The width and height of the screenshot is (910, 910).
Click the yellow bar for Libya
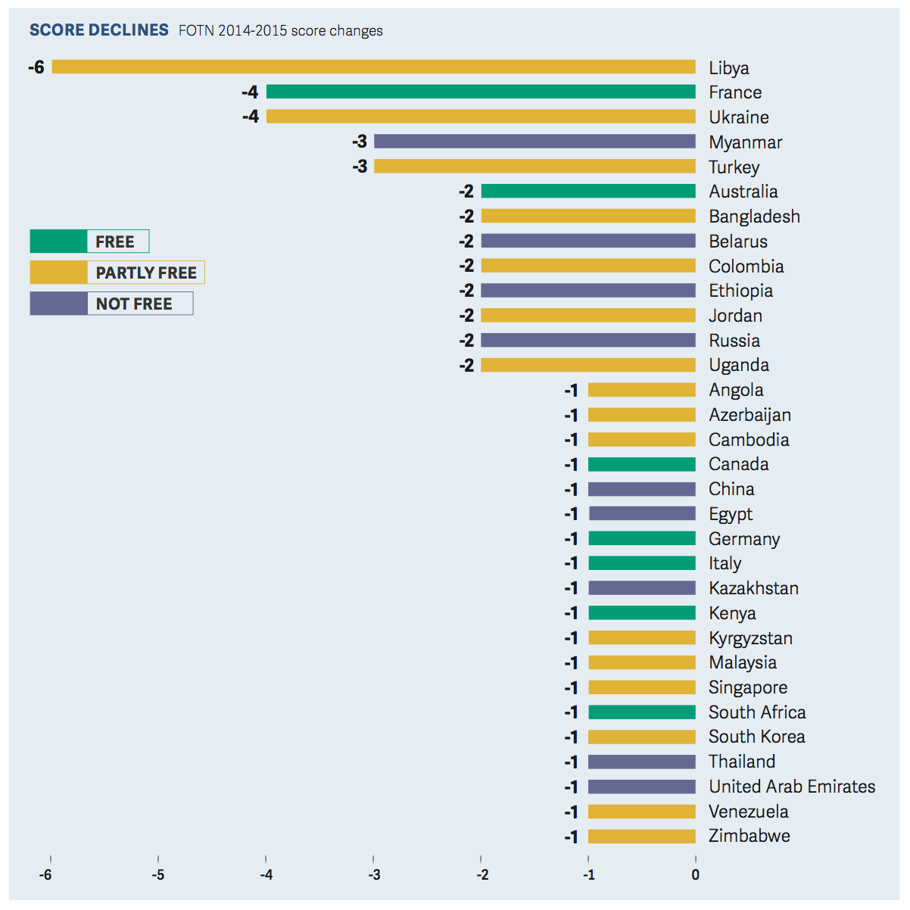coord(373,67)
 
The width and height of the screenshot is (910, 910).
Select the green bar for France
coord(481,92)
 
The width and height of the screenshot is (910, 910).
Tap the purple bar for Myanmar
coord(534,142)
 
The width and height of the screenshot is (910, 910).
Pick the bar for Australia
coord(588,192)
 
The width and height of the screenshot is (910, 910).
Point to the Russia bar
coord(588,341)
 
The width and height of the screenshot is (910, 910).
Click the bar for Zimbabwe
coord(641,837)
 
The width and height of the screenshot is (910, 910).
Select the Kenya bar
coord(641,613)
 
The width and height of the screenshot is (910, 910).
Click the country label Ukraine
coord(738,117)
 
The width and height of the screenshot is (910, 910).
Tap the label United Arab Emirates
coord(791,787)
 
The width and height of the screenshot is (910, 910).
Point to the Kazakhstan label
coord(753,588)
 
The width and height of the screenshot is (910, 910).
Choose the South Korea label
coord(756,737)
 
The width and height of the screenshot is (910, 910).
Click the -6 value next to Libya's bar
coord(36,67)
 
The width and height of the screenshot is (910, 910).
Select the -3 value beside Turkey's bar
coord(360,167)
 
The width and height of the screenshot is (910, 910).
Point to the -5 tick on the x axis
coord(158,875)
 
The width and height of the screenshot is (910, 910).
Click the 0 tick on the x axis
coord(695,875)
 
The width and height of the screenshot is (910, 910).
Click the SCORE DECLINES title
coord(98,30)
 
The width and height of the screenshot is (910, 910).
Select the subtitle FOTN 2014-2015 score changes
coord(280,31)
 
